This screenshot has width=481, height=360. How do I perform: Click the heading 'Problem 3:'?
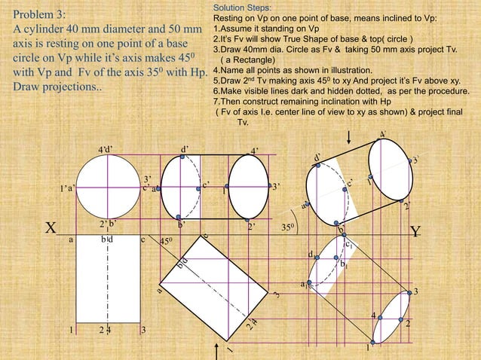tap(40, 15)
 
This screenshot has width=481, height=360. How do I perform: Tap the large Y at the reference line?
tap(415, 232)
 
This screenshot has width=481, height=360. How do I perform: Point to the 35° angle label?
tap(288, 226)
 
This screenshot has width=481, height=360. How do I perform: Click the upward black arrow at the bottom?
tap(218, 351)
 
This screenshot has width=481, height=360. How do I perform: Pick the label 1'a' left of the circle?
tap(67, 188)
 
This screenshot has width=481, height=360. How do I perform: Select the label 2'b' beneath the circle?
tap(107, 224)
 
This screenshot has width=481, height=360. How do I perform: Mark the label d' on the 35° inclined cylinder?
tap(319, 157)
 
